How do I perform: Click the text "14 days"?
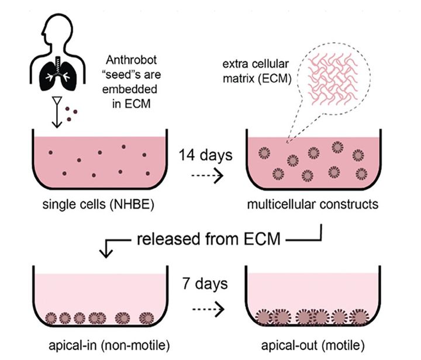[x=205, y=155]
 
